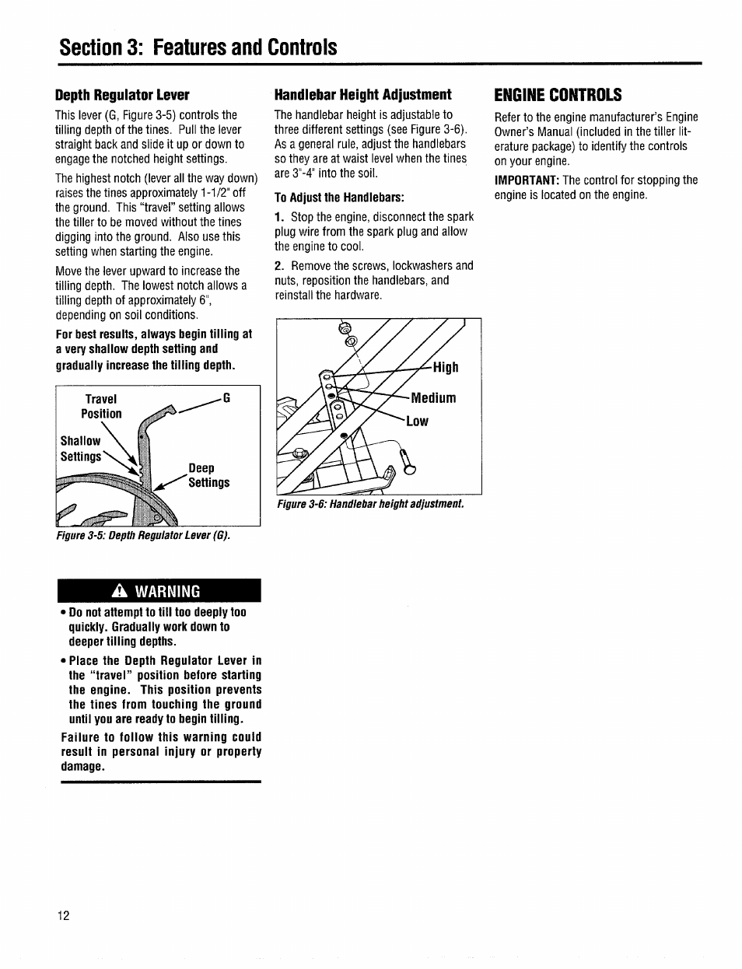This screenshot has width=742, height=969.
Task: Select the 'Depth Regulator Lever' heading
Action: coord(122,95)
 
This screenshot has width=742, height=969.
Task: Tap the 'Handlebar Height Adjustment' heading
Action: coord(362,95)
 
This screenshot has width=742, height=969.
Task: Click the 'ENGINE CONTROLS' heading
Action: coord(558,95)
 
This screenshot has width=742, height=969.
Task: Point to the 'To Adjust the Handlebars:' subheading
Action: coord(339,197)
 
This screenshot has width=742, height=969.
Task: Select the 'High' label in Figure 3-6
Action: coord(446,368)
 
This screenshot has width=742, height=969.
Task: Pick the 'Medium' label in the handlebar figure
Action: coord(433,398)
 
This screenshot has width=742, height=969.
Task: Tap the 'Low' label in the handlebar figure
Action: coord(417,422)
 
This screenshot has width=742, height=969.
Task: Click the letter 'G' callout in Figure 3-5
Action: coord(227,398)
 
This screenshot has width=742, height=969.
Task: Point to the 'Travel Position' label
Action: coord(101,406)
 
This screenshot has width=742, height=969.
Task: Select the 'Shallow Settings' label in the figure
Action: coord(81,449)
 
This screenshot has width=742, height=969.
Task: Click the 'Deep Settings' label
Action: coord(208,475)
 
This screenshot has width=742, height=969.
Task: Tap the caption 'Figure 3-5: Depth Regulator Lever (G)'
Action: coord(143,536)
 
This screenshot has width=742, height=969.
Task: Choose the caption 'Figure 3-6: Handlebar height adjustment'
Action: coord(370,504)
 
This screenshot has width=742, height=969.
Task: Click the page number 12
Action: coord(63,915)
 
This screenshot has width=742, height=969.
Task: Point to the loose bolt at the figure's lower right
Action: coord(407,463)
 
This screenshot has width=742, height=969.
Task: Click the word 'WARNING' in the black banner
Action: coord(168,591)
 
